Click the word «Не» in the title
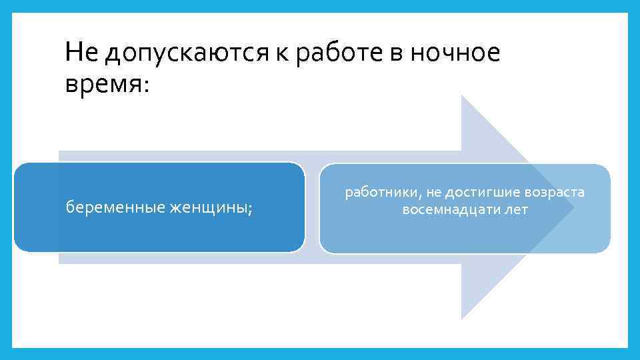pyautogui.click(x=77, y=53)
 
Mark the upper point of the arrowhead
pyautogui.click(x=462, y=96)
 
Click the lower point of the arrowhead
pyautogui.click(x=462, y=319)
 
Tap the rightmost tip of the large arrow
pyautogui.click(x=574, y=207)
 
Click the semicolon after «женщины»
pyautogui.click(x=250, y=210)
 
